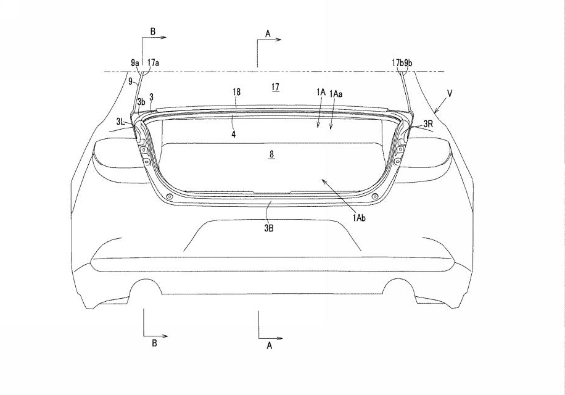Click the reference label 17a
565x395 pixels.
tap(154, 63)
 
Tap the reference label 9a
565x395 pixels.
tap(135, 63)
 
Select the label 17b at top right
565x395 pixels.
tap(398, 63)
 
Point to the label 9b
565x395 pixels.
tap(408, 63)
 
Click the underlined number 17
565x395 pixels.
tap(275, 87)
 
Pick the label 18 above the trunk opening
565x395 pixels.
tap(236, 92)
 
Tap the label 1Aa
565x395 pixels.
tap(336, 94)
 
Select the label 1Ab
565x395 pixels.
tap(359, 217)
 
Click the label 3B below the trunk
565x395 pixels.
tap(269, 228)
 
